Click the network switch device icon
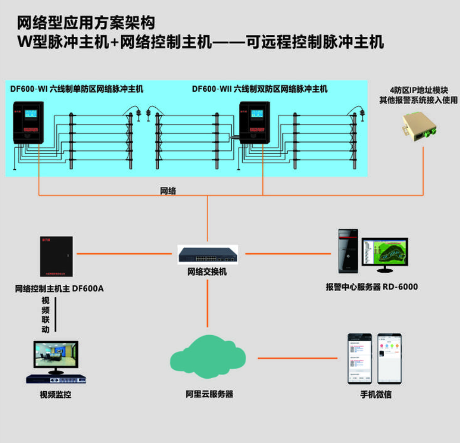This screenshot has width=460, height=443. coord(208,254)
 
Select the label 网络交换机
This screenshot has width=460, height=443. coord(207,272)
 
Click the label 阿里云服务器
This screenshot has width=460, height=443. coord(209,395)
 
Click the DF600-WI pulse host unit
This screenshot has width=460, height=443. coord(28,122)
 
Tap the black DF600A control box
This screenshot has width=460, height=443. coord(56,257)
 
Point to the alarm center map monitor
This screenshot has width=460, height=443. coord(385,253)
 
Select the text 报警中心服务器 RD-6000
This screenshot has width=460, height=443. coord(372,287)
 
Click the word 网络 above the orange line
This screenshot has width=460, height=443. coord(168,191)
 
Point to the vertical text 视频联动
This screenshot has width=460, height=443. coord(46,315)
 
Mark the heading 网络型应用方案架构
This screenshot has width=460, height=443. coord(86,23)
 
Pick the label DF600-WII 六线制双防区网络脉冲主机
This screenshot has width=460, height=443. coord(260,89)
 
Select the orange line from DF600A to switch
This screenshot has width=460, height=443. coord(125,254)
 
